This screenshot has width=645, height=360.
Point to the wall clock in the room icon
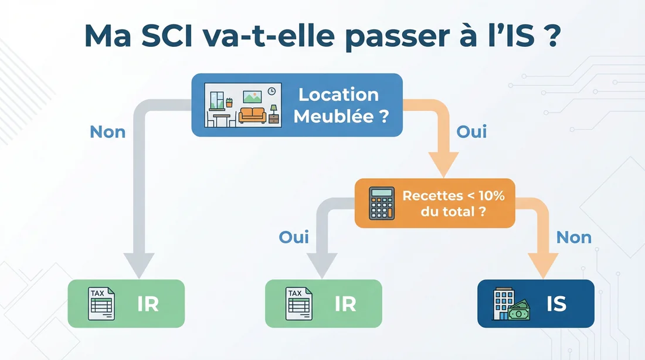(271, 91)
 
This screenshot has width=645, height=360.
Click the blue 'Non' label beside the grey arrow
(107, 131)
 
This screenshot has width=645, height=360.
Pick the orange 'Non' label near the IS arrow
(573, 237)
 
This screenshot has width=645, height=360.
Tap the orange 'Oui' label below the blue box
(471, 131)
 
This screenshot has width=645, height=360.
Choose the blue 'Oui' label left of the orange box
(294, 237)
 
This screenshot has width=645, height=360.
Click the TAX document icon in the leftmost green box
(101, 304)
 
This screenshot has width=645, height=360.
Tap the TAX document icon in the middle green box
(300, 304)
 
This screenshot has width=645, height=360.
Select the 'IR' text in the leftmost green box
(148, 304)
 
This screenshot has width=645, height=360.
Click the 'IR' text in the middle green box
(345, 304)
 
